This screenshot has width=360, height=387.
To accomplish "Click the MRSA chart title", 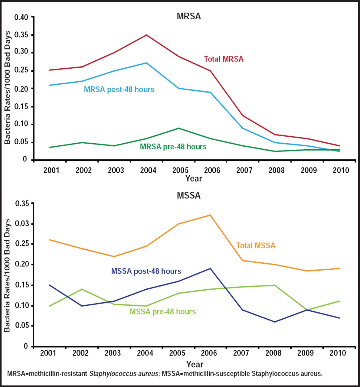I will (x=188, y=16).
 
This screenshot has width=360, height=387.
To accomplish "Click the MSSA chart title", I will (x=188, y=195).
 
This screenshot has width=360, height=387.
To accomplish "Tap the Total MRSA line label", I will (x=224, y=59).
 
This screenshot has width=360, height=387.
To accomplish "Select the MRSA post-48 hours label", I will (x=119, y=89).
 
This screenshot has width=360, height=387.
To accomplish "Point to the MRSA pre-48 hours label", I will (x=173, y=147).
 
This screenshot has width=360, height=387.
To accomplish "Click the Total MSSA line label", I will (x=256, y=246).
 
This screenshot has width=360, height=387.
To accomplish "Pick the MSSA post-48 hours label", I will (x=146, y=271).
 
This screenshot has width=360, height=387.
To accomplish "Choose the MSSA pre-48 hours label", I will (x=163, y=312).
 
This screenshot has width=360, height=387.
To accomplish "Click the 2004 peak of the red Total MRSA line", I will (x=147, y=35).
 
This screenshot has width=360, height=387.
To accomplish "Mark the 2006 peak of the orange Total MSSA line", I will (x=210, y=215).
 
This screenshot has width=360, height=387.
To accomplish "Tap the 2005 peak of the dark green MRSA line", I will (x=179, y=128).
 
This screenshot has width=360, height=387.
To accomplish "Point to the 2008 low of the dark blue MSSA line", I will (x=275, y=322).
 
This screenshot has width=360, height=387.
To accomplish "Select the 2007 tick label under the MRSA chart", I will (x=244, y=170).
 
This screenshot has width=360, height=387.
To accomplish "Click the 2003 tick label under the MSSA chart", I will (x=113, y=353).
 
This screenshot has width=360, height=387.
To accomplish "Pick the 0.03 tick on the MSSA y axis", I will (x=22, y=224).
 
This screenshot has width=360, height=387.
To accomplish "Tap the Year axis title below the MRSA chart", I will (x=194, y=178).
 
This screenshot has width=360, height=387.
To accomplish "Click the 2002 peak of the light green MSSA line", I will (x=82, y=289).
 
